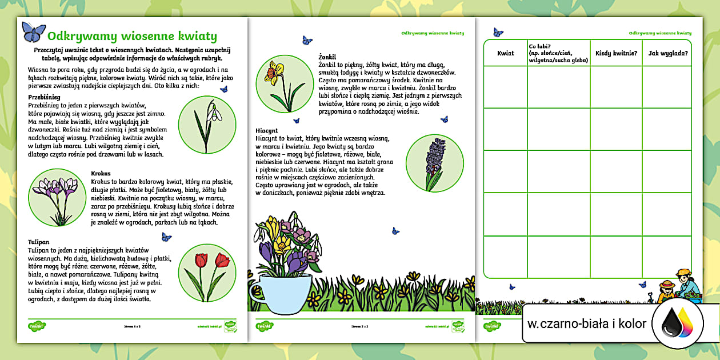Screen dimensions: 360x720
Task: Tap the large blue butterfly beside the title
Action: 33,32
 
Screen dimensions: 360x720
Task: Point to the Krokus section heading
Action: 101,173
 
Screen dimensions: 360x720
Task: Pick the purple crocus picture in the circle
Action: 56,197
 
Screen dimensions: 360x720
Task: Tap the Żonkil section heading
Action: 327,57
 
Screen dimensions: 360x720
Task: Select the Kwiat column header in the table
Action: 505,53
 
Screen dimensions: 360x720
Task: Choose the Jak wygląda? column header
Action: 667,53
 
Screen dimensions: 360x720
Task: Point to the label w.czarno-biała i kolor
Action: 587,324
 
